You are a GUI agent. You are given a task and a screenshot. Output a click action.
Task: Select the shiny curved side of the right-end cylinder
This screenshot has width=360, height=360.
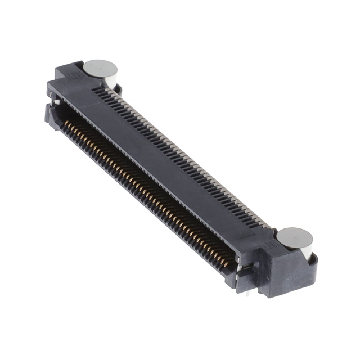point(307,251)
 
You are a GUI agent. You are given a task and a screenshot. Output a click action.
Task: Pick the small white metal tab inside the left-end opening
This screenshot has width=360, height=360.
point(57,102)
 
